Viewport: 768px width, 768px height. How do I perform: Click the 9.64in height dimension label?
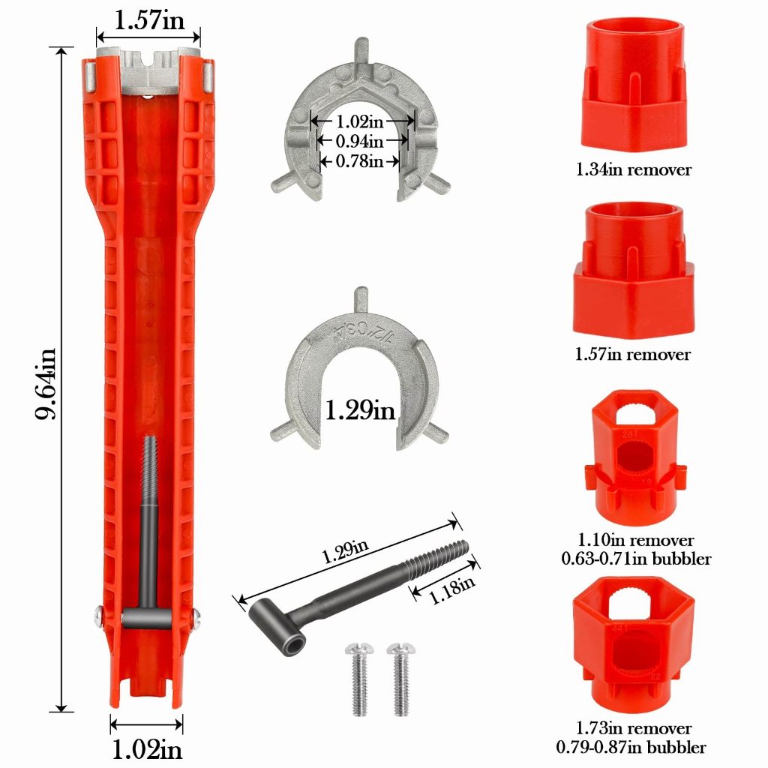[x=46, y=384]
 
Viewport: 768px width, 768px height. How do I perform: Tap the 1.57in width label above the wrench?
[x=149, y=20]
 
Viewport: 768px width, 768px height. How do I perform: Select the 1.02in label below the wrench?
[x=147, y=749]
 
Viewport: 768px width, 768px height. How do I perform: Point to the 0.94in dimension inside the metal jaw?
[x=359, y=141]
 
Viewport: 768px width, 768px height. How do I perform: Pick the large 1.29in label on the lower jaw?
[x=360, y=409]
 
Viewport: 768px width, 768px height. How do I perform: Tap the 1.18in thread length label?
[x=451, y=589]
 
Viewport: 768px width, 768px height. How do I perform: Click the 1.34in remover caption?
[x=633, y=169]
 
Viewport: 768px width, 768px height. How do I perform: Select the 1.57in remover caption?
[x=633, y=354]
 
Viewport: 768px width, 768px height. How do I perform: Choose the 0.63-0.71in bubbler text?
[x=636, y=558]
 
